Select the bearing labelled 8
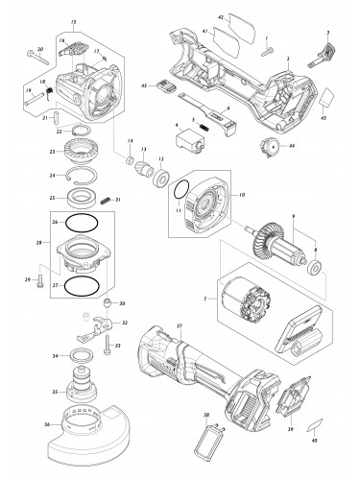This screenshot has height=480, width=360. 313,264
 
